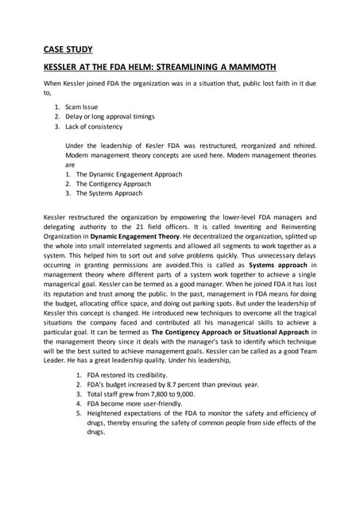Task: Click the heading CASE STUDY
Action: (x=68, y=49)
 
